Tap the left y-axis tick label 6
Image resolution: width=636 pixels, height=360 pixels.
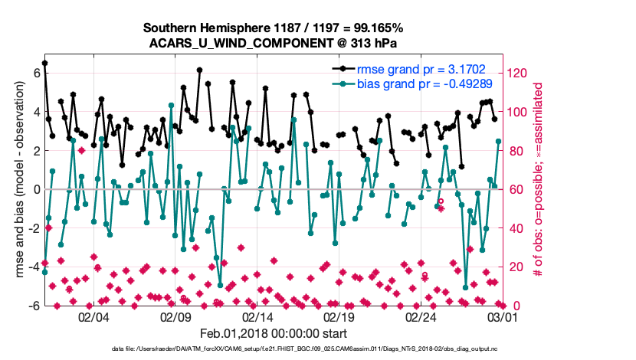coord(34,73)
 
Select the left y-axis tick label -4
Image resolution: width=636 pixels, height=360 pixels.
coord(31,267)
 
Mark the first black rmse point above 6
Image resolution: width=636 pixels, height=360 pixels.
coord(44,63)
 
